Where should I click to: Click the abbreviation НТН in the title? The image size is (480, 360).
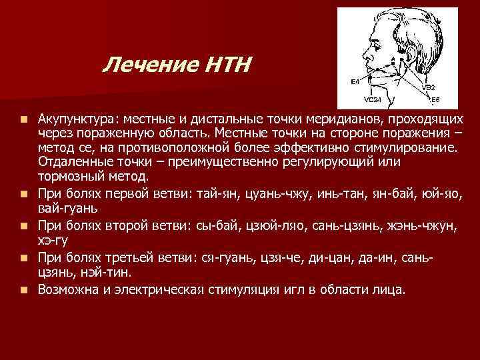click(226, 65)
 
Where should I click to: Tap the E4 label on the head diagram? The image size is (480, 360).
click(355, 81)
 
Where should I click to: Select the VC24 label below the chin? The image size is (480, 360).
click(373, 100)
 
